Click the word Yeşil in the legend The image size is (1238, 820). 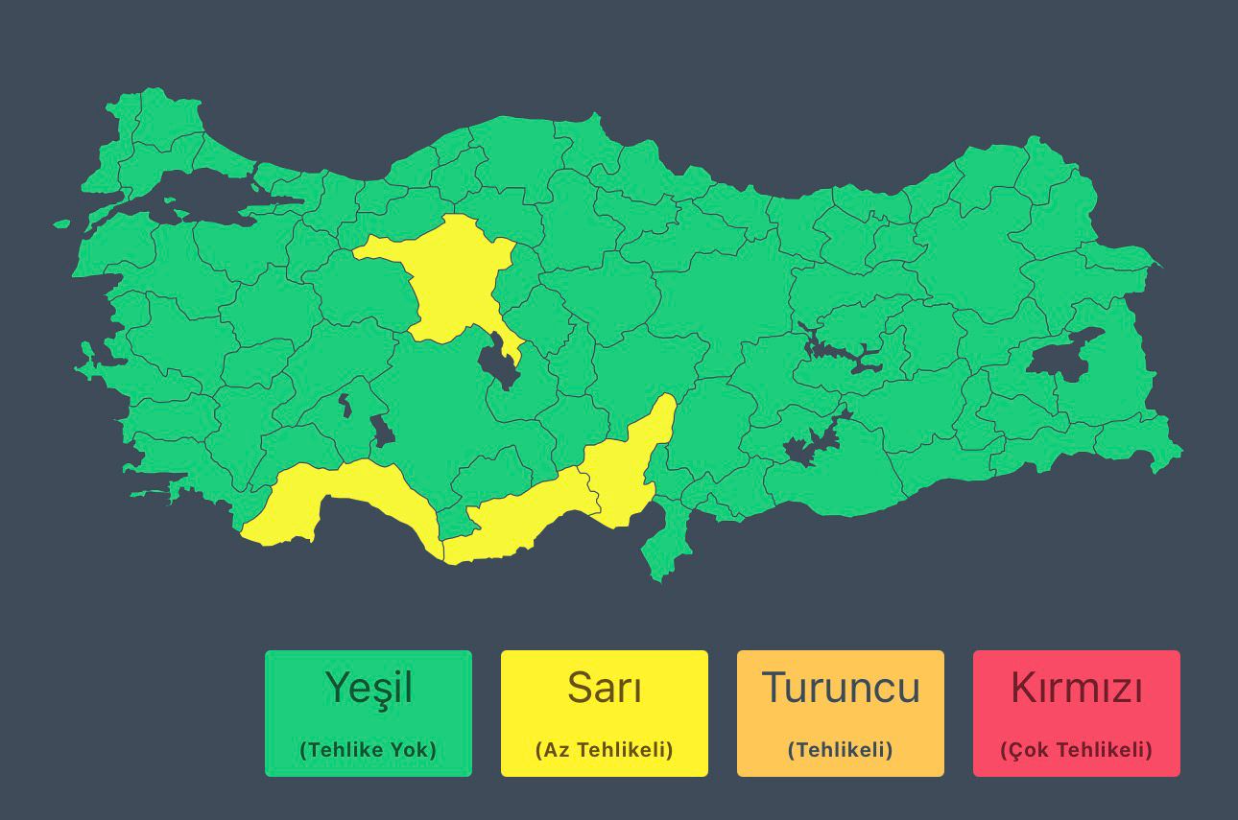369,688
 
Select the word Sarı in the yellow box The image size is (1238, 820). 605,688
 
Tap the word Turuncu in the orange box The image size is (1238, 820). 841,688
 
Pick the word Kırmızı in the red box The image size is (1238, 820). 1077,688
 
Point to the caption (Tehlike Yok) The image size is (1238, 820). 369,750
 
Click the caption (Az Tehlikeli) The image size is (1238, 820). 605,750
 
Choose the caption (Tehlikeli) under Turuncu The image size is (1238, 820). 841,750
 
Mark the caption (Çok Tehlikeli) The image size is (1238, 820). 1077,750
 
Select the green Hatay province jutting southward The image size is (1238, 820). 664,547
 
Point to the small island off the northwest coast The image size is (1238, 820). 61,224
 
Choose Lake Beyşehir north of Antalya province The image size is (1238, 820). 382,432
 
